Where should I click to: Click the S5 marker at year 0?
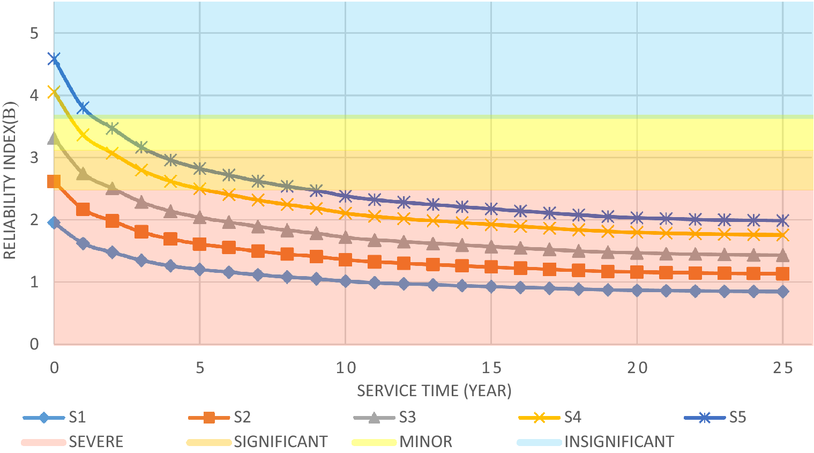[x=54, y=58]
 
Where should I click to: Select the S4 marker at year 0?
[x=54, y=92]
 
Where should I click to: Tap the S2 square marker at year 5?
[x=200, y=244]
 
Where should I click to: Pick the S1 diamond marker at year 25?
[x=782, y=292]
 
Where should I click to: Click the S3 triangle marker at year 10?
[x=346, y=237]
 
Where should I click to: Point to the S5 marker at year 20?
[x=637, y=218]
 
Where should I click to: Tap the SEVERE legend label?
[x=96, y=442]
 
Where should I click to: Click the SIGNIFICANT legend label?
[x=281, y=442]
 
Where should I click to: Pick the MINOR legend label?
[x=426, y=442]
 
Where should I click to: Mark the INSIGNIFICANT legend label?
[x=619, y=442]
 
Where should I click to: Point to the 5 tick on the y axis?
[x=34, y=33]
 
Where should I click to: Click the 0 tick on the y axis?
[x=34, y=344]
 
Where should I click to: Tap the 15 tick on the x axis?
[x=491, y=368]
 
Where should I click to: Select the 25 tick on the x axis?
[x=782, y=368]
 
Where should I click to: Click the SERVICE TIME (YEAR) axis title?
[x=434, y=391]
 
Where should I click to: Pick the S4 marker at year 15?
[x=491, y=225]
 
